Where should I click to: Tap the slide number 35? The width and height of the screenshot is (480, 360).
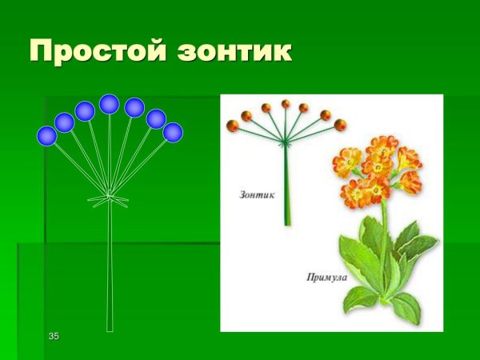pyautogui.click(x=54, y=336)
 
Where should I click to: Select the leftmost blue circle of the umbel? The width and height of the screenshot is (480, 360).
pyautogui.click(x=47, y=136)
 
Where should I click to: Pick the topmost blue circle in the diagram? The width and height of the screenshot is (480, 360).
pyautogui.click(x=110, y=104)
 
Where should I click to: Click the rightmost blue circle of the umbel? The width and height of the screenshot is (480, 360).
pyautogui.click(x=173, y=132)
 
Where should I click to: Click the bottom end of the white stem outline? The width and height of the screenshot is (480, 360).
pyautogui.click(x=110, y=328)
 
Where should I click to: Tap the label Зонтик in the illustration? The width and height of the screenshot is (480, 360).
pyautogui.click(x=258, y=194)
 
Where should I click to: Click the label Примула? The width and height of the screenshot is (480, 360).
pyautogui.click(x=325, y=278)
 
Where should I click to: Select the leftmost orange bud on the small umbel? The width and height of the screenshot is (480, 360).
pyautogui.click(x=233, y=125)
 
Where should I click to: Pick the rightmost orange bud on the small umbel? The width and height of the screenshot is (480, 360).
pyautogui.click(x=340, y=125)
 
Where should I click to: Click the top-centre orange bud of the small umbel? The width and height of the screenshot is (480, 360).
pyautogui.click(x=286, y=104)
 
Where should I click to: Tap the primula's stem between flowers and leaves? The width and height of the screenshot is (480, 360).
pyautogui.click(x=384, y=228)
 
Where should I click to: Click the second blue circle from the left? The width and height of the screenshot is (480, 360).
pyautogui.click(x=65, y=122)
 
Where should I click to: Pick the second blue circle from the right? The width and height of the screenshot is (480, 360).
pyautogui.click(x=156, y=119)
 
